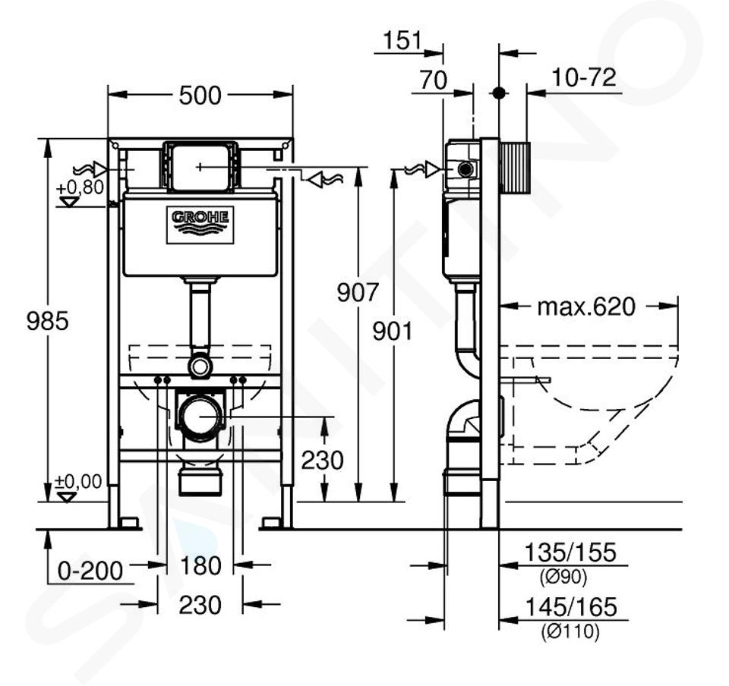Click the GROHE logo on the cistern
[x=200, y=225]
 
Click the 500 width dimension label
[x=200, y=96]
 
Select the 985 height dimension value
[x=47, y=321]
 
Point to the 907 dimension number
[x=358, y=293]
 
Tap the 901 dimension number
[x=393, y=332]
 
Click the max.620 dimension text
[x=586, y=307]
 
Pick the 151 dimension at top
[x=402, y=40]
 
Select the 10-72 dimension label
[x=584, y=77]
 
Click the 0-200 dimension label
[x=90, y=571]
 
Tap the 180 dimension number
[x=200, y=565]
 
